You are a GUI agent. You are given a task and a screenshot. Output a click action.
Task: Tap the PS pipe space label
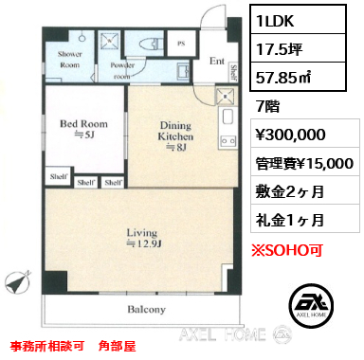coord(181,44)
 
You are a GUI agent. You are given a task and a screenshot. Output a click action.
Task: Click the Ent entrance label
coord(217,61)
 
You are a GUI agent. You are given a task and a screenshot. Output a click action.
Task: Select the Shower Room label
coord(70,60)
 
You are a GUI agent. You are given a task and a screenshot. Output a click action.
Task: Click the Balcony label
coord(146,309)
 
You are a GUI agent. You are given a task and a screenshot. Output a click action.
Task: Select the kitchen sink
coord(227,117)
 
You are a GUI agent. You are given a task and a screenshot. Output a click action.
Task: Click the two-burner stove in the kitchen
coord(227,141)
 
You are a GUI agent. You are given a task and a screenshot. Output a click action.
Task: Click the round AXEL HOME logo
coord(312,304)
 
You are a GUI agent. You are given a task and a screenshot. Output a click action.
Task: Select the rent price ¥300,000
coord(290,135)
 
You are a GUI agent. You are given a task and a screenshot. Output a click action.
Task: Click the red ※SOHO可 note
coord(286,250)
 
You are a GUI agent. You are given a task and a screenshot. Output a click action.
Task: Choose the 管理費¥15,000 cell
coord(305,163)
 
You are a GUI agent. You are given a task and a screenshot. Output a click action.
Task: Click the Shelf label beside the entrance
coord(234,72)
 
